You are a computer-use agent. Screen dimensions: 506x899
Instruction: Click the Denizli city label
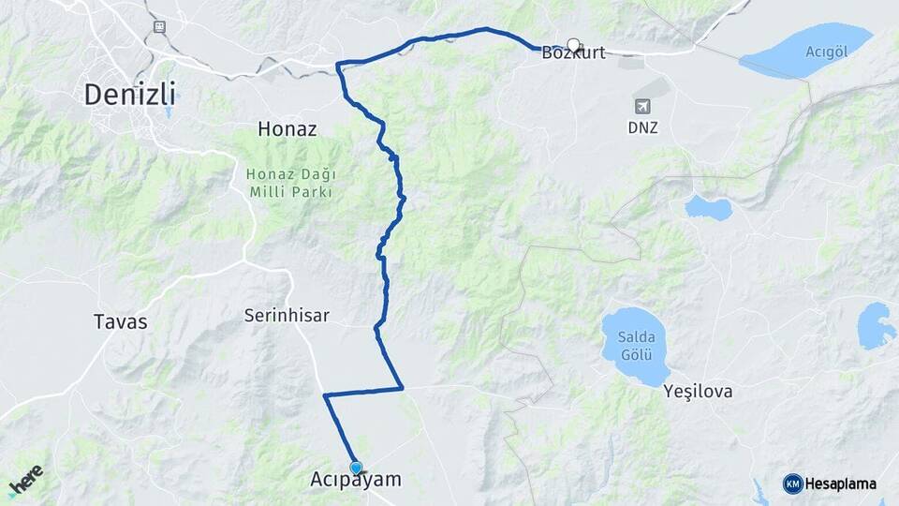(x=130, y=95)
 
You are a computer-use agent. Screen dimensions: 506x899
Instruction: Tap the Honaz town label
(x=287, y=130)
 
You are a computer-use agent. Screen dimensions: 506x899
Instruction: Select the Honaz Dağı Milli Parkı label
(x=291, y=183)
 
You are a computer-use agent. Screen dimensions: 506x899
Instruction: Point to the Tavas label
(x=121, y=321)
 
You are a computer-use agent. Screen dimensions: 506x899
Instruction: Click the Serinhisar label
(x=286, y=316)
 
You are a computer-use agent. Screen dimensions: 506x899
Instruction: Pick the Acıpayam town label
(x=355, y=480)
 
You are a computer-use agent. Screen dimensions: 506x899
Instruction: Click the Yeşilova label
(x=698, y=391)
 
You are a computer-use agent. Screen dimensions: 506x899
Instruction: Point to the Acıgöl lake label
(x=826, y=51)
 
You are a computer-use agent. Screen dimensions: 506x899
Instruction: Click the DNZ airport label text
(x=642, y=127)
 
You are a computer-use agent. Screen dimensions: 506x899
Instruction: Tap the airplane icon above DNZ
(x=642, y=107)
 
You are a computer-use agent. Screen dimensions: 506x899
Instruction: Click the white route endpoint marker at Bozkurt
(x=573, y=44)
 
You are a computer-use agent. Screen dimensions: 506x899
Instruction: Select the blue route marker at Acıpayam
(x=356, y=467)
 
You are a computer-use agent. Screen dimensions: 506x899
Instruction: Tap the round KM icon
(x=792, y=484)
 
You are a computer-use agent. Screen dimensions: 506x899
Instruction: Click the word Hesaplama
(x=841, y=484)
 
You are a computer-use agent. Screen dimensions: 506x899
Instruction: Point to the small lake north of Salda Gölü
(x=708, y=207)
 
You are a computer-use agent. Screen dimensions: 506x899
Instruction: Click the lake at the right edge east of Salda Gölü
(x=877, y=325)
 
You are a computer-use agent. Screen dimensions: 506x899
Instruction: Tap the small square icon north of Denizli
(x=160, y=26)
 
